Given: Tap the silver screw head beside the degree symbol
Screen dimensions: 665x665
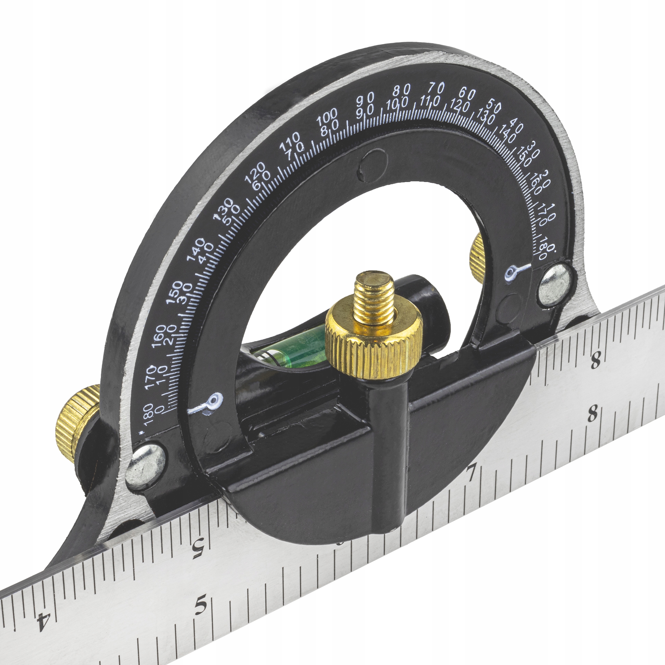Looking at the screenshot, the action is point(555,284).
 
